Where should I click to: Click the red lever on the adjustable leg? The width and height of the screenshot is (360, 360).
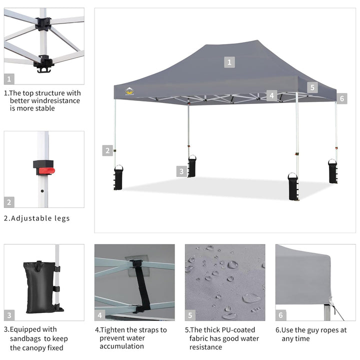tap(46, 171)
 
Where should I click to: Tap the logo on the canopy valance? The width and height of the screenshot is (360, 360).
tap(129, 91)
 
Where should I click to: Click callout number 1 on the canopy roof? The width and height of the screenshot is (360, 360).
tap(229, 62)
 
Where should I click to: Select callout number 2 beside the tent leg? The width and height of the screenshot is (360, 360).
tap(107, 150)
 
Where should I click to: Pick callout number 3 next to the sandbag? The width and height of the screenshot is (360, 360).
tap(181, 171)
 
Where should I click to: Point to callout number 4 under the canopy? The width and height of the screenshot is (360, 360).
tap(271, 95)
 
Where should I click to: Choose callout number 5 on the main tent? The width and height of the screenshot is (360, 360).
tap(312, 87)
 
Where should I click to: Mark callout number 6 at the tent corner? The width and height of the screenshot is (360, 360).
tap(342, 98)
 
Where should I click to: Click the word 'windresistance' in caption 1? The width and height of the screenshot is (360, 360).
tap(56, 101)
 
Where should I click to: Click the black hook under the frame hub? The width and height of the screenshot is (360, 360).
tap(44, 69)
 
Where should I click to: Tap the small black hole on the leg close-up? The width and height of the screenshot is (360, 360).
tap(42, 191)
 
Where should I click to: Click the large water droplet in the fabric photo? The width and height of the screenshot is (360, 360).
tap(251, 298)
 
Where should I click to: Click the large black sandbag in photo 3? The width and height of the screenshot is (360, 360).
tap(40, 287)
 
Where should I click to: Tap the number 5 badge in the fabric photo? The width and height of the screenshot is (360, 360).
tap(190, 315)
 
